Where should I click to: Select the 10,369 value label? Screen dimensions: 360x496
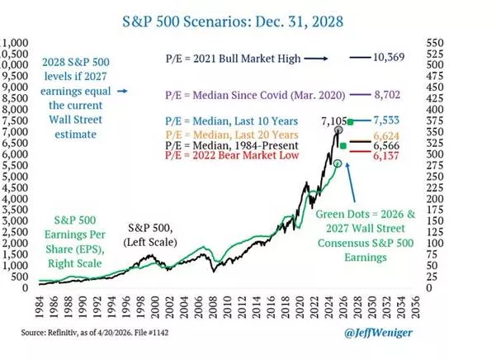[x=395, y=57]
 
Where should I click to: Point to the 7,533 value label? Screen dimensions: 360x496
[x=392, y=121]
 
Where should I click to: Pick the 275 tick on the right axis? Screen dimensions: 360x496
[x=435, y=164]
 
